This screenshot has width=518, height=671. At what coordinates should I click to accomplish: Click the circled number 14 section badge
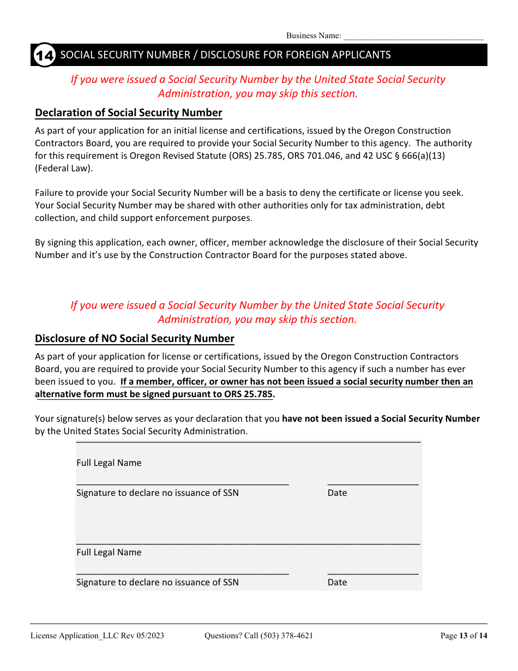pyautogui.click(x=44, y=55)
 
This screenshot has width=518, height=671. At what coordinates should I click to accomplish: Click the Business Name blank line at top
pyautogui.click(x=413, y=37)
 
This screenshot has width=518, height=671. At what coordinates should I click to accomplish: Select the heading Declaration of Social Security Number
pyautogui.click(x=129, y=113)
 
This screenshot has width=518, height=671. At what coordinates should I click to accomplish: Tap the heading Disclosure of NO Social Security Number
pyautogui.click(x=135, y=339)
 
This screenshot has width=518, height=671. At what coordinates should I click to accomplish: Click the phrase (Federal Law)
pyautogui.click(x=64, y=168)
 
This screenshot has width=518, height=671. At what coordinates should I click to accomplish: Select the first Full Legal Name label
pyautogui.click(x=109, y=463)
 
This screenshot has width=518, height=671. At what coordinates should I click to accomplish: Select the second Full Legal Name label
pyautogui.click(x=109, y=553)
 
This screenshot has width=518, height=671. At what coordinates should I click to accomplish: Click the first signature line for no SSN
pyautogui.click(x=182, y=483)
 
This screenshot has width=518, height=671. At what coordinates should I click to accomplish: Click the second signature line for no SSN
pyautogui.click(x=182, y=572)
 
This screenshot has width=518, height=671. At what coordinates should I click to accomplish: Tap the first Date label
pyautogui.click(x=337, y=493)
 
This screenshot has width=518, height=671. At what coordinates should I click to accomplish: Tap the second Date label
pyautogui.click(x=337, y=583)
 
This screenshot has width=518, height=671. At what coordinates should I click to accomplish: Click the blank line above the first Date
pyautogui.click(x=373, y=483)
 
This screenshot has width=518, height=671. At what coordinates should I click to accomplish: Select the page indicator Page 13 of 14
pyautogui.click(x=463, y=636)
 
